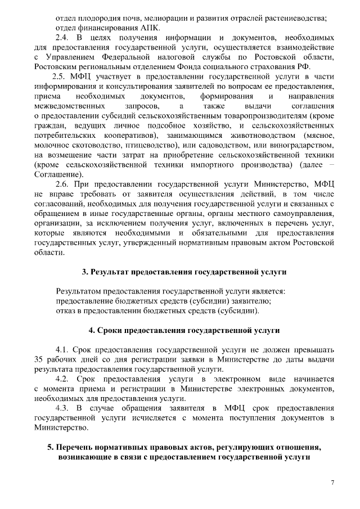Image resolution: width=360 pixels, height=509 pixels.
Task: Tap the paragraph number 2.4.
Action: click(62, 37)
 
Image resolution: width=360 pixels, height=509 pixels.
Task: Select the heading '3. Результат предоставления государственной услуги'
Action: click(184, 272)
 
